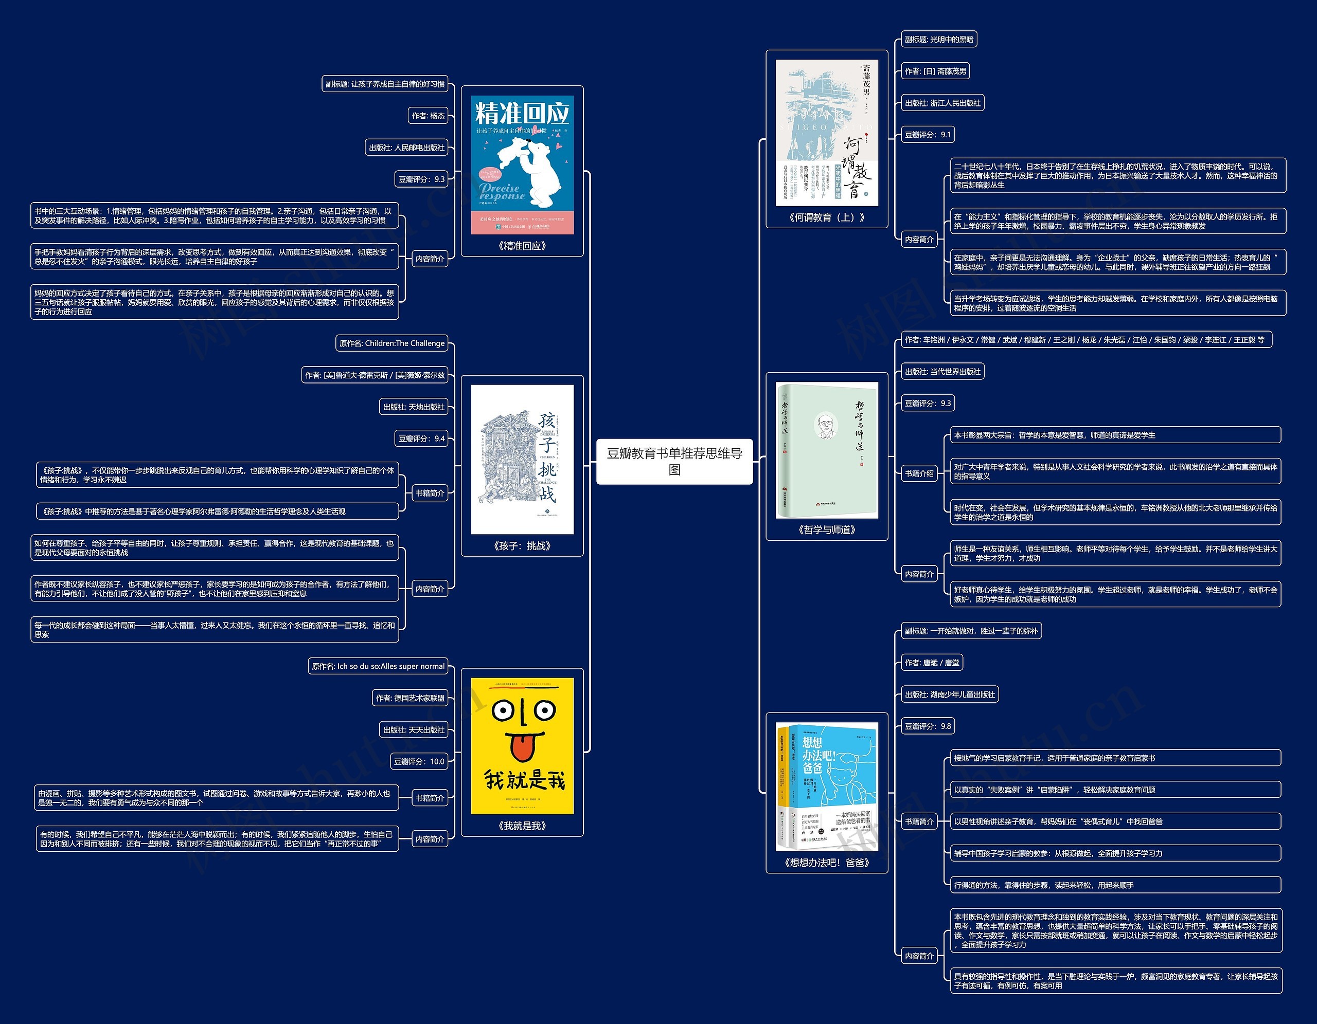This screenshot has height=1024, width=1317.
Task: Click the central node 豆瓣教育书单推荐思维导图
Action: tap(674, 462)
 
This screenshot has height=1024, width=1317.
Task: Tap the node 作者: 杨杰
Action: tap(428, 116)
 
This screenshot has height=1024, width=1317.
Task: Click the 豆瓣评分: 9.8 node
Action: tap(928, 726)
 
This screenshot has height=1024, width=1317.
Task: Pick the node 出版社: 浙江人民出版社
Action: tap(942, 103)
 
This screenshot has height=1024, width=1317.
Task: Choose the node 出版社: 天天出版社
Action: tap(414, 730)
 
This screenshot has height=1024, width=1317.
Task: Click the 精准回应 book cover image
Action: tap(522, 164)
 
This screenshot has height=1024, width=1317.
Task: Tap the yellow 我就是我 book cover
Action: tap(522, 746)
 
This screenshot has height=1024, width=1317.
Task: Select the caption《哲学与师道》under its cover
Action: tap(826, 531)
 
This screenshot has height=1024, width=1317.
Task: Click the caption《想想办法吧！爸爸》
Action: tap(826, 863)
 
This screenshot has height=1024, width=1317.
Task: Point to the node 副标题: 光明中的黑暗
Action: tap(938, 40)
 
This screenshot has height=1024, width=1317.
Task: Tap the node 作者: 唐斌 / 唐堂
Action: tap(932, 663)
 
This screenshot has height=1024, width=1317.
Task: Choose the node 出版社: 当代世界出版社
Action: tap(942, 372)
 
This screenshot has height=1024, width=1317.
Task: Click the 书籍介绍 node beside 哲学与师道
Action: tap(918, 474)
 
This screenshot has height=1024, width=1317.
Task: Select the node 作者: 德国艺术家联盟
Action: tap(410, 698)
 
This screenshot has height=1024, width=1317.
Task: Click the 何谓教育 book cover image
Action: tap(826, 133)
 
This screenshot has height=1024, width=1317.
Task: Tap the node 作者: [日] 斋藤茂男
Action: tap(935, 71)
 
